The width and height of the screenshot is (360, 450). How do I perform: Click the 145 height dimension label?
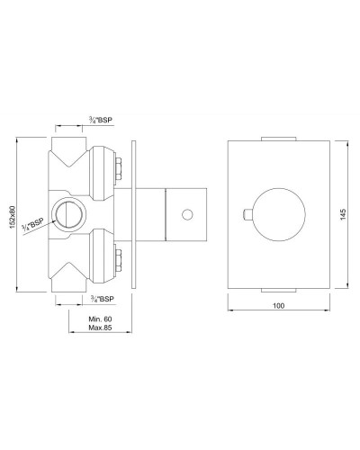(344, 214)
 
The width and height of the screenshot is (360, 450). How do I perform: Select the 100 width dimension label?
(279, 306)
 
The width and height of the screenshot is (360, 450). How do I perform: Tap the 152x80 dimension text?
(12, 217)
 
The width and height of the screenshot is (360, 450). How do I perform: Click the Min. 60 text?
(100, 319)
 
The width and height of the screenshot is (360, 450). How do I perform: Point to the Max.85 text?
(100, 328)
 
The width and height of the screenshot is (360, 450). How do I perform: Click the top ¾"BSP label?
(101, 121)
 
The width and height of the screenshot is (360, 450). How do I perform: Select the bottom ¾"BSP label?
(103, 299)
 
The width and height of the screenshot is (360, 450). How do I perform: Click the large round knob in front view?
(279, 214)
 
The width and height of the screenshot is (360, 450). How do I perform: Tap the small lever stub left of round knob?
(247, 214)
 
